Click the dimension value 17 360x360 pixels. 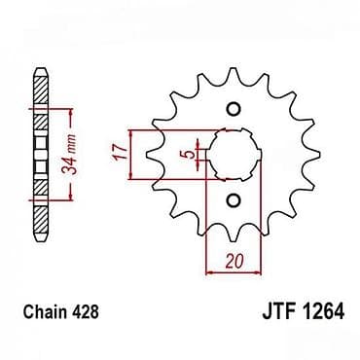coord(121,153)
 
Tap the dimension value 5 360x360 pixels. coord(192,154)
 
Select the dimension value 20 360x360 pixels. coord(234,261)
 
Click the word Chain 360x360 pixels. coord(46,311)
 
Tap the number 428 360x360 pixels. coord(85,311)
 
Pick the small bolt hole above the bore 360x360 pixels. coord(234,109)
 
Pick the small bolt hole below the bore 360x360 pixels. coord(234,200)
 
